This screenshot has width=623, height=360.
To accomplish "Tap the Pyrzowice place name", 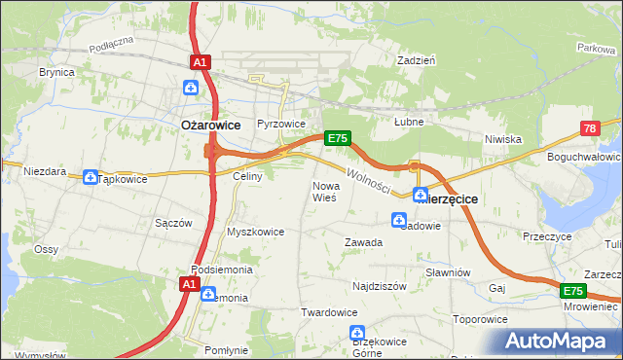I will coord(281,125).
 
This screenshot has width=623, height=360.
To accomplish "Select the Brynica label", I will coord(57,72).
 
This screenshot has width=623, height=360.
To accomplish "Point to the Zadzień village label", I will coord(416,59).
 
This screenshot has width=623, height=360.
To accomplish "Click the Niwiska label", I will coord(504,139).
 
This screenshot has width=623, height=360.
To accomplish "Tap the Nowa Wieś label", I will coord(324,191).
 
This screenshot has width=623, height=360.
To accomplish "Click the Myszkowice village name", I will coord(255,232).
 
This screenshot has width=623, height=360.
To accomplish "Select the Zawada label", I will coord(363,242).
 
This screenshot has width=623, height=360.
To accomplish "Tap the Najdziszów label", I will coord(380,287).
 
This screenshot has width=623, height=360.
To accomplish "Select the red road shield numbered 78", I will coord(589,128).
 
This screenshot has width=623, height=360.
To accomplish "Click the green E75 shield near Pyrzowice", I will coord(337,138).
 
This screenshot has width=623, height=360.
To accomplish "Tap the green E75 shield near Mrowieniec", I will coord(572,291).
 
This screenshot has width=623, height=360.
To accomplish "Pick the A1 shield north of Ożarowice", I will coord(200,62).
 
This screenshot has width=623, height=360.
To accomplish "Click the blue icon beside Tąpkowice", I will coord(91,177).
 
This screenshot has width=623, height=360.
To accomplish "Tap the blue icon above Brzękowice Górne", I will coord(357,335).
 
